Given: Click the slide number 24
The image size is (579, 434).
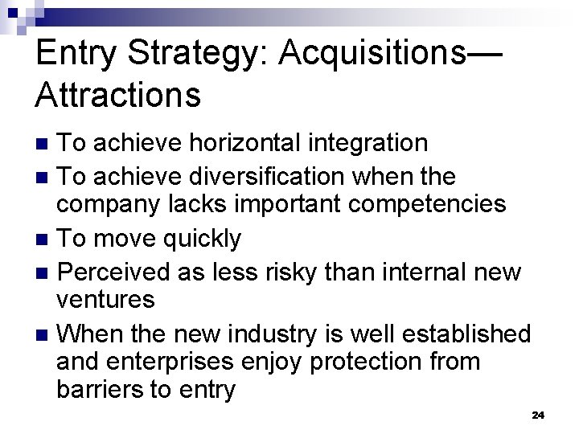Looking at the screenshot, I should (x=538, y=415).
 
